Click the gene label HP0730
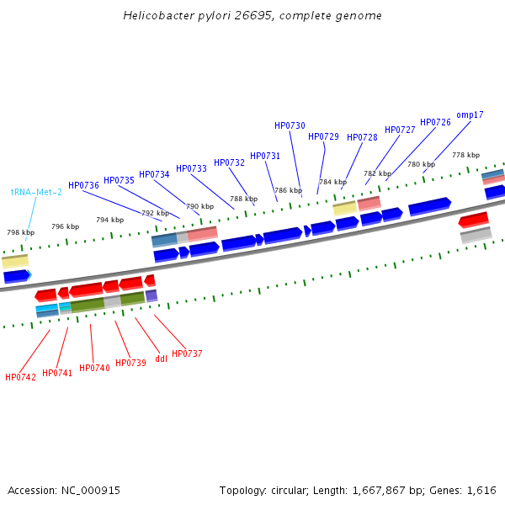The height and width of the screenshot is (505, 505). click(x=290, y=125)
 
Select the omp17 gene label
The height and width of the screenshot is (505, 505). click(x=470, y=114)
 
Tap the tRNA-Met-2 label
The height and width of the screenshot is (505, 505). click(x=36, y=192)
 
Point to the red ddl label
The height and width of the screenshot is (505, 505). click(x=162, y=359)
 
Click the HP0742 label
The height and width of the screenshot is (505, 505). click(x=20, y=377)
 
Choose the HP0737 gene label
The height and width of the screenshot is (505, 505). click(x=187, y=353)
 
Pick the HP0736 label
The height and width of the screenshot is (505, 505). click(x=83, y=185)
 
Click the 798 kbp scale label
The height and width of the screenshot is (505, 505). click(x=21, y=232)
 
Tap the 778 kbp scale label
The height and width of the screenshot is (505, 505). click(x=465, y=155)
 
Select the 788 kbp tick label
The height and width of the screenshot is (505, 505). click(x=243, y=199)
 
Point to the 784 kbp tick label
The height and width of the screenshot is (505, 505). click(x=332, y=182)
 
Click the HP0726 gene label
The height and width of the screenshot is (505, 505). click(x=435, y=122)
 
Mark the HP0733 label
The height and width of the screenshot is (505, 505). click(x=191, y=168)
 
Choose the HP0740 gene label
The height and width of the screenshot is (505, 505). click(x=94, y=368)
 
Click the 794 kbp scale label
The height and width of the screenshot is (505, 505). click(x=109, y=220)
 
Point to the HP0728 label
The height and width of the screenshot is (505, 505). click(x=362, y=137)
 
